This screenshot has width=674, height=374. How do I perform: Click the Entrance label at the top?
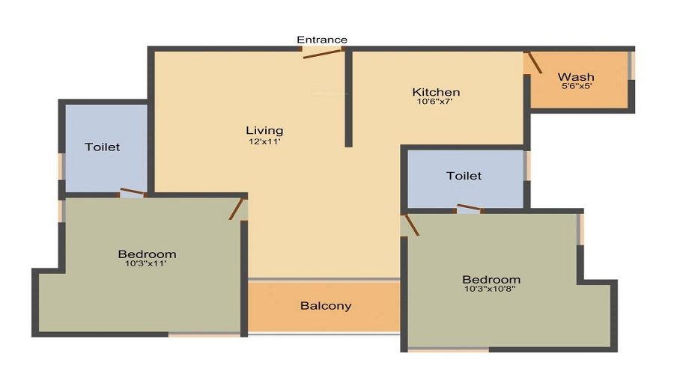(x=322, y=40)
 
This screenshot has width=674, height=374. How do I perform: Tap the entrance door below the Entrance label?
(x=323, y=52)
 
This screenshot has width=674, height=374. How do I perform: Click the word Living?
(x=264, y=131)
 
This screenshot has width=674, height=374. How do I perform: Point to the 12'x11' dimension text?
(x=264, y=141)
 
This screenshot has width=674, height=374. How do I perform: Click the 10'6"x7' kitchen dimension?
(x=434, y=102)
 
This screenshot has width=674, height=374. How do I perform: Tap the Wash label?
(x=576, y=77)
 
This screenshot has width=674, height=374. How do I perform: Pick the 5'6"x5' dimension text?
(x=577, y=86)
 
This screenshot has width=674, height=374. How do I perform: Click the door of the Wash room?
(x=533, y=63)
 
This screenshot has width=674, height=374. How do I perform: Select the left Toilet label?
(x=102, y=147)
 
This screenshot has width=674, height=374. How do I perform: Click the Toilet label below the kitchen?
(x=464, y=176)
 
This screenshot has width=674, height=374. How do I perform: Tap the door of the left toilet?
(x=133, y=193)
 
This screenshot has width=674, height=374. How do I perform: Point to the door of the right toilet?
(x=470, y=208)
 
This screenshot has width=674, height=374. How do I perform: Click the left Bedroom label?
(x=147, y=254)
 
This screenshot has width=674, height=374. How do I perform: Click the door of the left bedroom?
(x=237, y=208)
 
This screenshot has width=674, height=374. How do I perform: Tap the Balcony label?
(x=326, y=306)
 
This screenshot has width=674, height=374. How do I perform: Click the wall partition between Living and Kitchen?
(x=348, y=97)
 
